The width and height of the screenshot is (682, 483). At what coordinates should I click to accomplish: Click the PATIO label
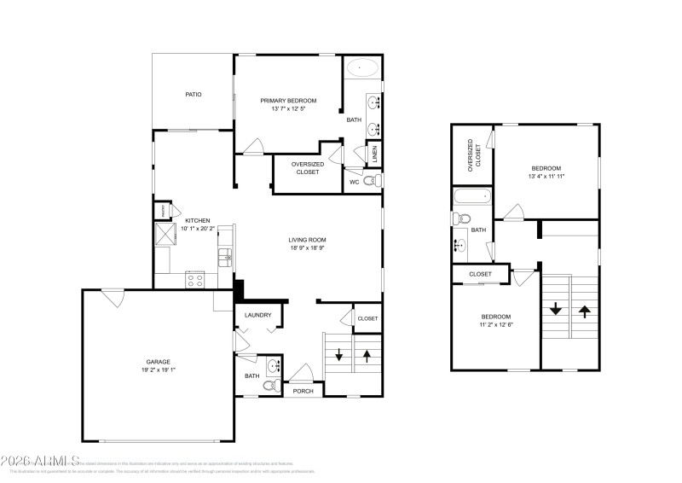[x=194, y=94]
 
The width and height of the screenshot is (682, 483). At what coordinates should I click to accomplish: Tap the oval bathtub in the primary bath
[x=362, y=67]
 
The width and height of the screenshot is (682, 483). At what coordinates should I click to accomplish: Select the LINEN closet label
[x=374, y=154]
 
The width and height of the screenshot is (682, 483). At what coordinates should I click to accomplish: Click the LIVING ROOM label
[x=307, y=240]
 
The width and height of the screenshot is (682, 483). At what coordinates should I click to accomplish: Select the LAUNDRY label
[x=257, y=315]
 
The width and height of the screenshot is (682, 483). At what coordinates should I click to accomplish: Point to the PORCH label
[x=303, y=391]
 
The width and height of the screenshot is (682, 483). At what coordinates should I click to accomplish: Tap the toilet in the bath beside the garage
[x=269, y=387]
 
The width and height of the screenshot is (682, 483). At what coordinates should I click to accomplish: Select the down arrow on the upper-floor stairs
[x=556, y=309]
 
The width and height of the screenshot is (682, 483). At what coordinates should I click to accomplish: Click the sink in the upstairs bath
[x=461, y=246]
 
